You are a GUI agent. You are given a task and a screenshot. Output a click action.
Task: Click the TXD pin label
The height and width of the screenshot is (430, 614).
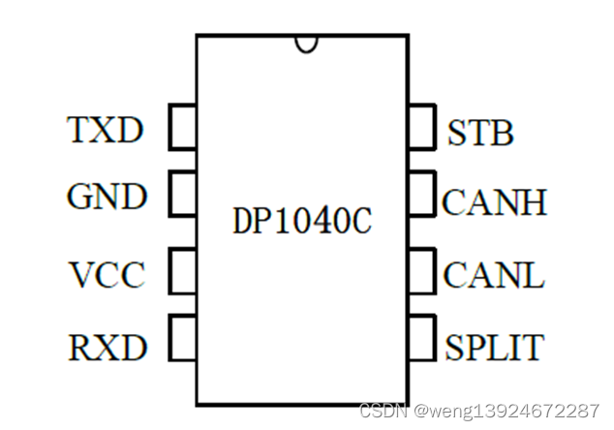click(x=105, y=130)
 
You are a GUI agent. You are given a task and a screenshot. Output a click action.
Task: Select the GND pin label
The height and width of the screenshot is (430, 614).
click(x=107, y=198)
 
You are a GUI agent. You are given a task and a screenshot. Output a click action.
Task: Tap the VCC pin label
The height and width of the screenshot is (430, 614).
click(x=107, y=275)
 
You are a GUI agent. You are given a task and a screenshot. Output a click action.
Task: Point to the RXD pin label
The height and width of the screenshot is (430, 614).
click(x=107, y=346)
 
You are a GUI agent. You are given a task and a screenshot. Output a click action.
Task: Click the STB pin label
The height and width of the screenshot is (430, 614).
click(x=480, y=134)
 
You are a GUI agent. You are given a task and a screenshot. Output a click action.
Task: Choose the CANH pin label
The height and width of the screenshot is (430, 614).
click(x=494, y=202)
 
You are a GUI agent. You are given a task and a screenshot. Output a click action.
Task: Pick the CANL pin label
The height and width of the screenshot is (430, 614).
click(x=494, y=275)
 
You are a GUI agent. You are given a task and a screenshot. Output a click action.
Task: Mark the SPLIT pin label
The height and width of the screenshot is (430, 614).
click(x=494, y=346)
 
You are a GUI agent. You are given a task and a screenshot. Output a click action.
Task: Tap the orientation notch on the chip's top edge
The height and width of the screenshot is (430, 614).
click(x=308, y=42)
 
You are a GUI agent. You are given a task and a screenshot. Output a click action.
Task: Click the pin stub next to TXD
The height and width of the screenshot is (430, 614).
click(x=183, y=128)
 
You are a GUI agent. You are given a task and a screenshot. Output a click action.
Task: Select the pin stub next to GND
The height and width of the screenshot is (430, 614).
click(x=183, y=193)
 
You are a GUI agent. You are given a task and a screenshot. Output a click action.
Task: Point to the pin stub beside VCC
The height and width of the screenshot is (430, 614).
click(x=183, y=270)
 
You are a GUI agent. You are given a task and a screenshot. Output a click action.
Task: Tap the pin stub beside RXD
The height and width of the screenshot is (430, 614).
click(x=183, y=338)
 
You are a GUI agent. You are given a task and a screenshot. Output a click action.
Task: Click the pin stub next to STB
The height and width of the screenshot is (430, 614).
click(x=421, y=128)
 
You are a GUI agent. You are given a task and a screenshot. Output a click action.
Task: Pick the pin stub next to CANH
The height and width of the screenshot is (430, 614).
click(x=421, y=193)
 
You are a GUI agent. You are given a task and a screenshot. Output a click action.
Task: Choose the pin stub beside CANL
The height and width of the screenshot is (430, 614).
click(x=421, y=270)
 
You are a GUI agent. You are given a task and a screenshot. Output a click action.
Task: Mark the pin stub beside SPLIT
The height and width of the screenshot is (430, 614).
click(x=421, y=338)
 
